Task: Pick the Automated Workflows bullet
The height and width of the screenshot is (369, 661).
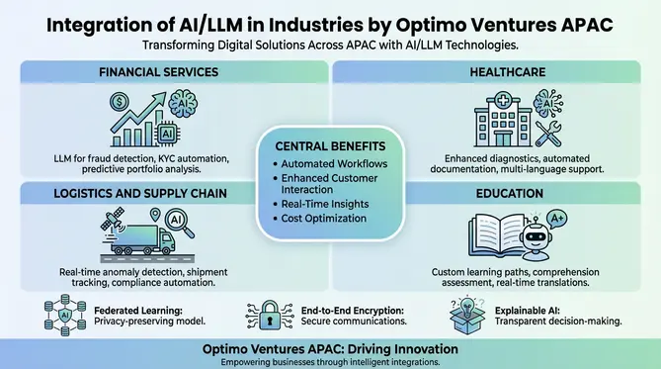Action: (333, 163)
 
